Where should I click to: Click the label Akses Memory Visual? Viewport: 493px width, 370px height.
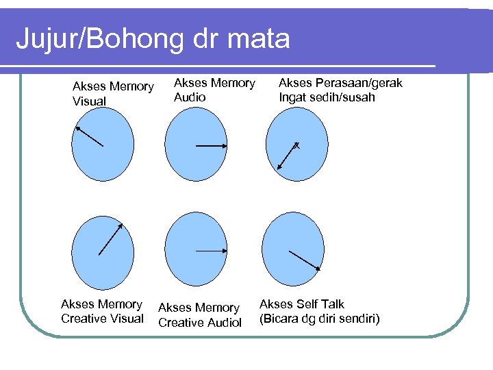point(113,94)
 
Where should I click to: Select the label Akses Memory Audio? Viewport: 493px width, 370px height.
point(214,90)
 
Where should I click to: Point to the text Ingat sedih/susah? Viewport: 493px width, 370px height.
point(327,97)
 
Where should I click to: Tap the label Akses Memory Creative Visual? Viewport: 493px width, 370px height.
point(102,311)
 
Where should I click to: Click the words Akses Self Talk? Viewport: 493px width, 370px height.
point(302,304)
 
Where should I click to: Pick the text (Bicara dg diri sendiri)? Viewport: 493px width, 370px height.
point(319,319)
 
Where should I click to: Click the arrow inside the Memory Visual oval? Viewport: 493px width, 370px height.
point(89,136)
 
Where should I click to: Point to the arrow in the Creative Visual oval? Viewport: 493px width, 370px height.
point(110,239)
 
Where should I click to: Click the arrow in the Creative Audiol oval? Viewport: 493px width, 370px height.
point(211,251)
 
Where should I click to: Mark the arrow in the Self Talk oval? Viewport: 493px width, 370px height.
point(305,260)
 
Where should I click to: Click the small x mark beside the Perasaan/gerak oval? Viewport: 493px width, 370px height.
point(296,145)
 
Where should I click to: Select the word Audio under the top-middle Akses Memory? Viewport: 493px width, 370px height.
point(190,97)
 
